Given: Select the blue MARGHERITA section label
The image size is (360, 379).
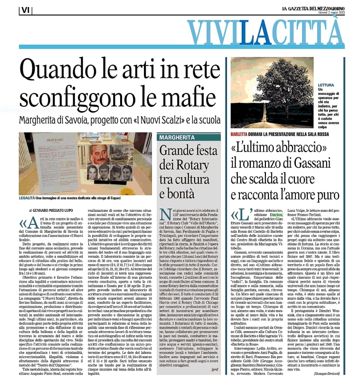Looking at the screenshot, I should click(x=177, y=138).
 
